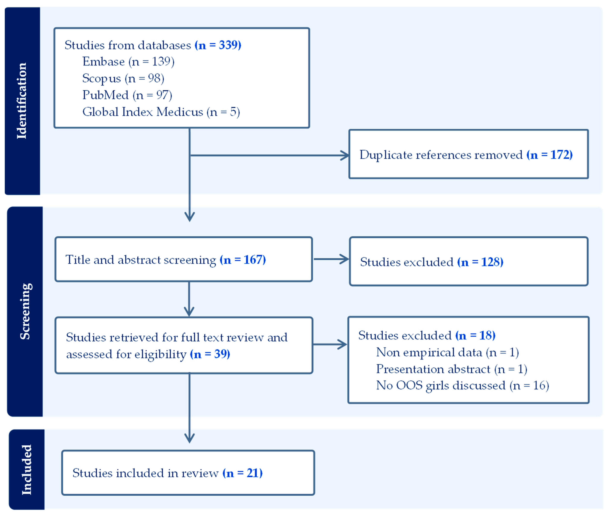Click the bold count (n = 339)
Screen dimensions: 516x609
(218, 45)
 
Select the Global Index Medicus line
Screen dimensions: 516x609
(161, 112)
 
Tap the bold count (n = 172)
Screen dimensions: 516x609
(549, 155)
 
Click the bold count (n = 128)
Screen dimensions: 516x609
(480, 262)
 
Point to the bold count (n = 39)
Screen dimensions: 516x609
(210, 354)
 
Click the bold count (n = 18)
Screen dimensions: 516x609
(475, 335)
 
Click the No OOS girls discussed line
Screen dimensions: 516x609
(462, 386)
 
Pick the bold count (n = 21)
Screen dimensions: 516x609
(243, 473)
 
